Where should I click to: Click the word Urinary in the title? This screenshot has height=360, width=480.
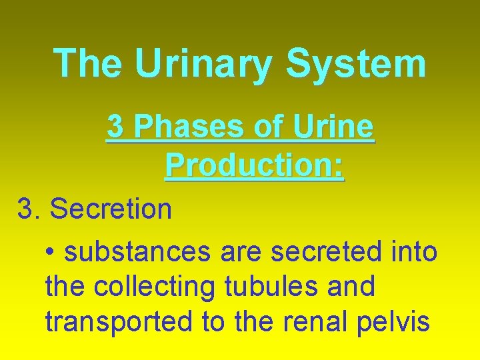203,65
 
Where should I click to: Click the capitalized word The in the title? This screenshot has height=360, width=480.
87,63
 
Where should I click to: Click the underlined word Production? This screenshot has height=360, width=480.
254,165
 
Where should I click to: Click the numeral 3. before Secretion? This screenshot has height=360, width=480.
29,209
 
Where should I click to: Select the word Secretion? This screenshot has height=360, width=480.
111,209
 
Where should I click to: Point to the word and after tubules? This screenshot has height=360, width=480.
352,287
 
